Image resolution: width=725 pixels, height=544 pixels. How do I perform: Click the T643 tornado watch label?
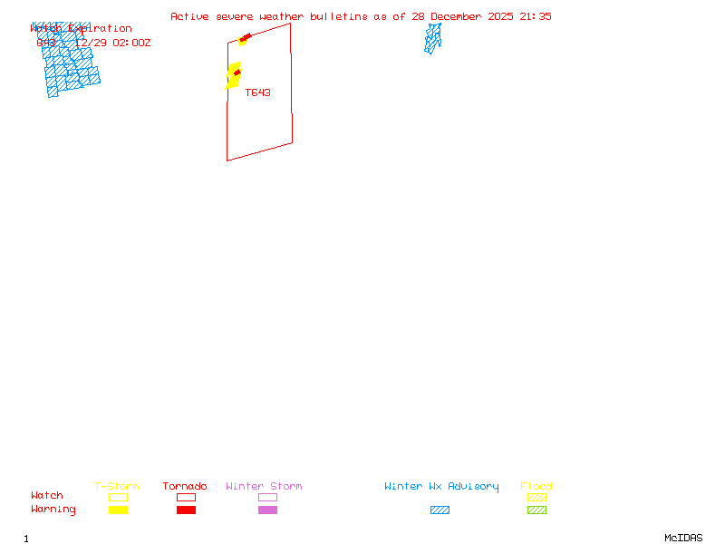(257, 92)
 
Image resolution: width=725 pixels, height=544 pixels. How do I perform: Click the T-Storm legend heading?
(117, 487)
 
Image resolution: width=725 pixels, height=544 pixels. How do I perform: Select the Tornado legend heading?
(185, 487)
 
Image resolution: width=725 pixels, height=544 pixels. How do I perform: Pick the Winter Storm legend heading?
(264, 487)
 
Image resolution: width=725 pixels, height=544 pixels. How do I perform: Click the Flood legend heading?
(536, 487)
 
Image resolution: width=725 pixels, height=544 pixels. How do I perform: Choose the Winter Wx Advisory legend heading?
(441, 487)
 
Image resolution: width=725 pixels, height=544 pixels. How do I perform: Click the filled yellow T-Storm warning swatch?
(118, 510)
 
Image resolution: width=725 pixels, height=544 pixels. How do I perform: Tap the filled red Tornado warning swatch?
(186, 510)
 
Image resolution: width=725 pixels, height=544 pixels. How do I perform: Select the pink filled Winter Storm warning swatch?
(267, 510)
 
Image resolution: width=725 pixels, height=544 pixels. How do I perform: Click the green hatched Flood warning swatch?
(536, 510)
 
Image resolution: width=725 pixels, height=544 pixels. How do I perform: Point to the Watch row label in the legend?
(47, 496)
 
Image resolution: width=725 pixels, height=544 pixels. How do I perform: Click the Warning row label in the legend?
(53, 510)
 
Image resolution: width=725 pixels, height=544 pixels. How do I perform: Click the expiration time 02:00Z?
(131, 43)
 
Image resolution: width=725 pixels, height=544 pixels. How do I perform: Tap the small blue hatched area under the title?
(433, 38)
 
